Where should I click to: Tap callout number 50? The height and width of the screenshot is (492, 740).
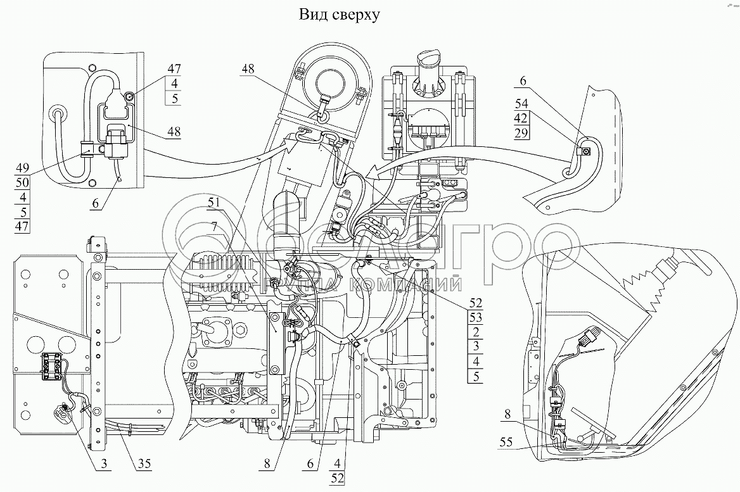click(x=22, y=184)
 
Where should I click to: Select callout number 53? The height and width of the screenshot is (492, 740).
click(x=476, y=316)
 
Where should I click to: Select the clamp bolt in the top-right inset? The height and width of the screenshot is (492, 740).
click(x=586, y=151)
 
